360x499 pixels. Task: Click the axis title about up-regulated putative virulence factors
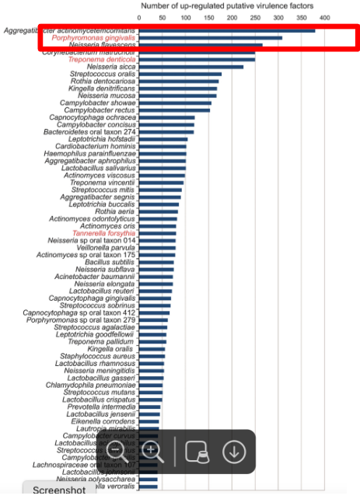pyautogui.click(x=226, y=6)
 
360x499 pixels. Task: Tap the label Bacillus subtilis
pyautogui.click(x=110, y=262)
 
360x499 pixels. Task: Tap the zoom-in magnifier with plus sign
pyautogui.click(x=152, y=451)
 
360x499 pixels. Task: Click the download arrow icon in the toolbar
pyautogui.click(x=234, y=451)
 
